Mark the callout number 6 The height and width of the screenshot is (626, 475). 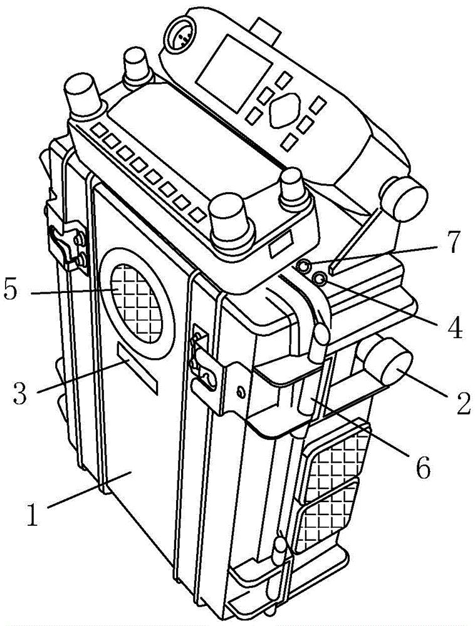coord(423,466)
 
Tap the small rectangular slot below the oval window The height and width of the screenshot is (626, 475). coord(137,368)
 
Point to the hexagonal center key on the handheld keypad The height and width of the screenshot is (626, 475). coord(284,110)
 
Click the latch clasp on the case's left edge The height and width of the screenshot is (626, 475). coord(67,247)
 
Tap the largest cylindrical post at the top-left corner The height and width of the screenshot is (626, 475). coord(84,96)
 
